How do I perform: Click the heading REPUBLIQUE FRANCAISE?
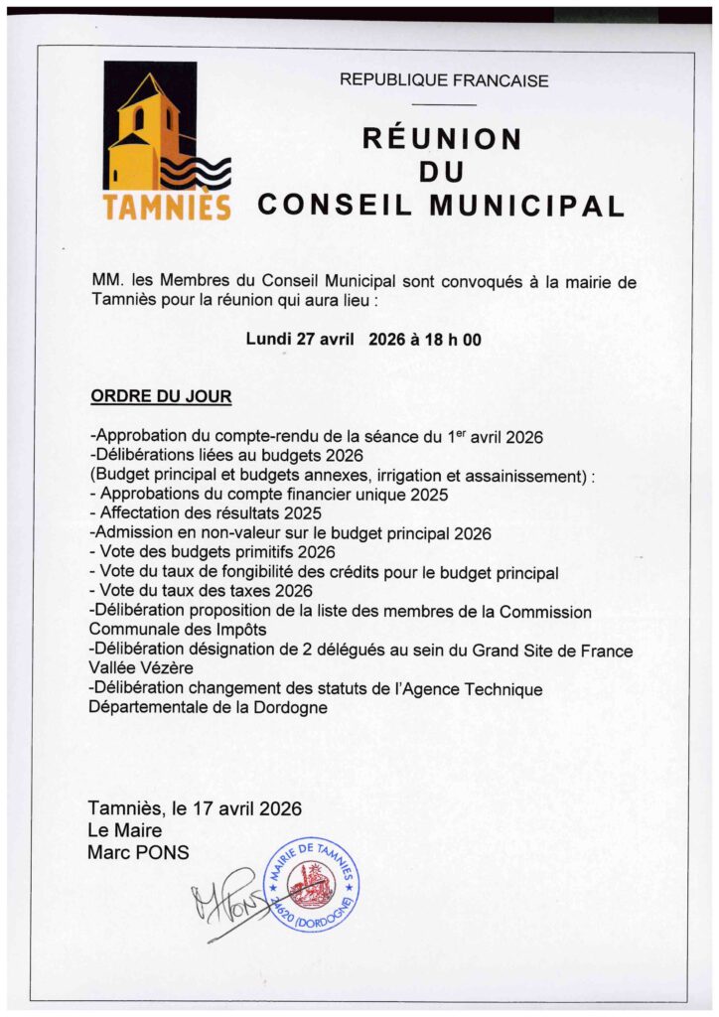click(444, 80)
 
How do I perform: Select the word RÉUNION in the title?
click(441, 138)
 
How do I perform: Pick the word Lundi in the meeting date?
click(268, 339)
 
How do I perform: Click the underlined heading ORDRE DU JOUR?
click(161, 397)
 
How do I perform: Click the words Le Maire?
click(124, 830)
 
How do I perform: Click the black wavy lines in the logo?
click(196, 175)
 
